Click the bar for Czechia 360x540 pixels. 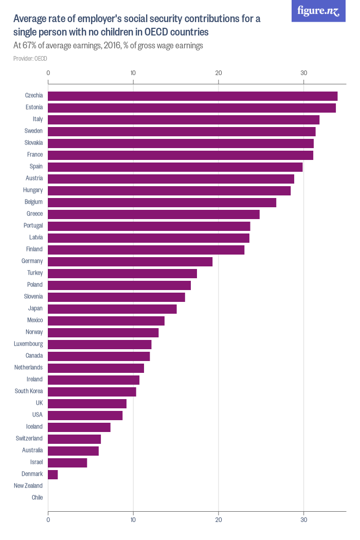[192, 96]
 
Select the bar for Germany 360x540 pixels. [130, 261]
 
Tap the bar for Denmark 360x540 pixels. [53, 474]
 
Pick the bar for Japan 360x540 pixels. [112, 309]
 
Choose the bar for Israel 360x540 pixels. [67, 462]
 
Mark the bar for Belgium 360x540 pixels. [162, 202]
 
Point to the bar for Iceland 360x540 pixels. [79, 427]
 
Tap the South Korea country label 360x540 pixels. [29, 391]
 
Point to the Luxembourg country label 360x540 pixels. [28, 344]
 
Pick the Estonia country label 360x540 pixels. [33, 107]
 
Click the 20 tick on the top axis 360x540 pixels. [219, 73]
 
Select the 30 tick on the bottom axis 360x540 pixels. [304, 520]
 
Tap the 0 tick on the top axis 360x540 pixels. [48, 73]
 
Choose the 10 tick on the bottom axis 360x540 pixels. [133, 520]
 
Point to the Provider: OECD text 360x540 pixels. [30, 59]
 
